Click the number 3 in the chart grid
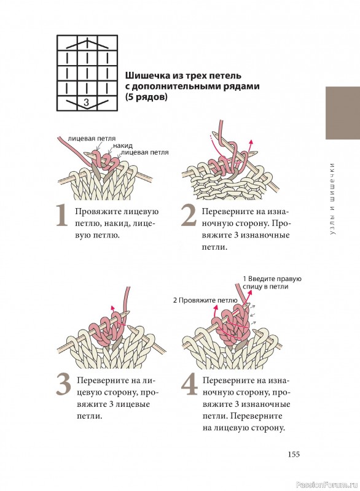click(87, 102)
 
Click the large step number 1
click(62, 215)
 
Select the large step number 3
click(64, 385)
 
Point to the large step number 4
click(190, 385)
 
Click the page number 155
click(294, 454)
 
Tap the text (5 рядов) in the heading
click(146, 97)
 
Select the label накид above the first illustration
click(123, 145)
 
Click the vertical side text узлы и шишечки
click(332, 198)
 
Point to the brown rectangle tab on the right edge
click(343, 113)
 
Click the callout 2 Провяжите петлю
click(205, 301)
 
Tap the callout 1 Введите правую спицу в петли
click(272, 282)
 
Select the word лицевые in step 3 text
click(133, 404)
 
